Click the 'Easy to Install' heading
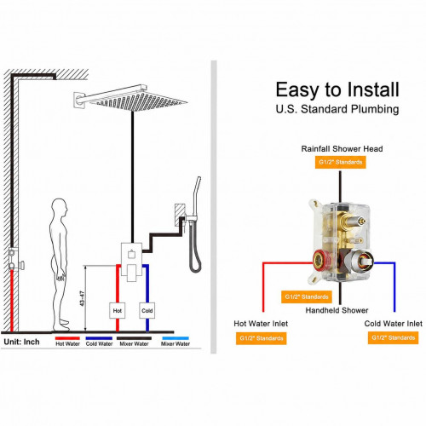(x=337, y=90)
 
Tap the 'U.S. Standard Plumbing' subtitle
(x=337, y=109)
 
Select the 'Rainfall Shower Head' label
(x=342, y=148)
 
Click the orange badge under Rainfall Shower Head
(x=341, y=162)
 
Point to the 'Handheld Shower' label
(x=337, y=310)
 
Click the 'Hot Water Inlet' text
(x=261, y=324)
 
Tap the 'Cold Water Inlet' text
(x=394, y=324)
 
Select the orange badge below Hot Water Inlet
(x=262, y=338)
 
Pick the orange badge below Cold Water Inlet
(x=394, y=337)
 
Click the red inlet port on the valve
(x=321, y=260)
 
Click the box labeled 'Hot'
(x=118, y=310)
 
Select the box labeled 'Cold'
(x=147, y=310)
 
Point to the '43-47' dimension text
(x=83, y=298)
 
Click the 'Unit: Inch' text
(x=21, y=342)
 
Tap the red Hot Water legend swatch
(x=67, y=338)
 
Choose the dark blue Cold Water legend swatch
(x=99, y=338)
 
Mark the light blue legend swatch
(x=176, y=338)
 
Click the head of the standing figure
(x=60, y=206)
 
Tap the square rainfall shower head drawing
(x=138, y=101)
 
